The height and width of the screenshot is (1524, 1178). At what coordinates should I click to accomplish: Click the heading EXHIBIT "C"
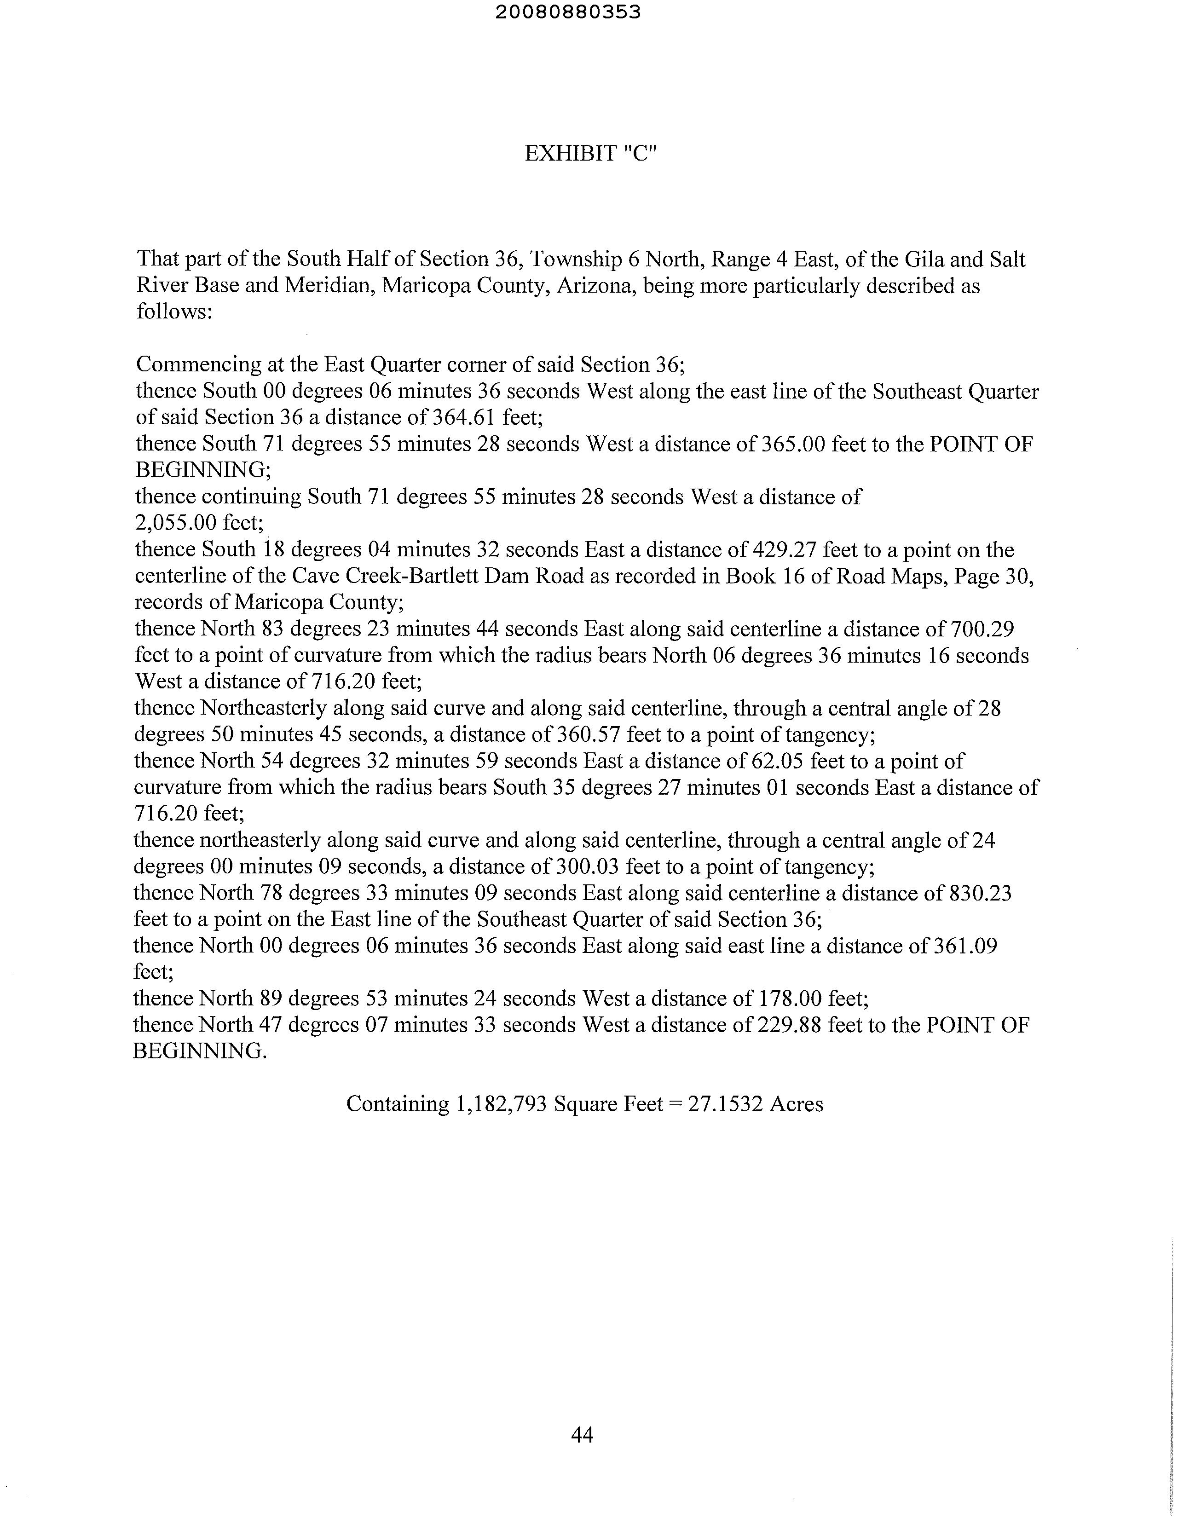pyautogui.click(x=590, y=154)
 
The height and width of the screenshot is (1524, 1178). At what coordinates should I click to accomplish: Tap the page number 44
pyautogui.click(x=582, y=1435)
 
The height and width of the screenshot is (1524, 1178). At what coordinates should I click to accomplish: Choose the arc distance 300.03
pyautogui.click(x=588, y=866)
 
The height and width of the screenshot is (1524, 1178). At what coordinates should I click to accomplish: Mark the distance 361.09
pyautogui.click(x=966, y=946)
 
